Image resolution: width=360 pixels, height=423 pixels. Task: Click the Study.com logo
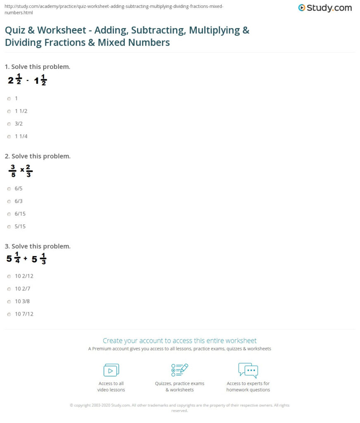[324, 8]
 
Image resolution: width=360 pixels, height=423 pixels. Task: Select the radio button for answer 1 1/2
[9, 111]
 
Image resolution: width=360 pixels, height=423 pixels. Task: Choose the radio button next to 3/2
[9, 124]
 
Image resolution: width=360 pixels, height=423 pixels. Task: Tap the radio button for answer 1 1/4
[9, 136]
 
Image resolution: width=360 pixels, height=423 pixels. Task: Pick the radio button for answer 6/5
[9, 188]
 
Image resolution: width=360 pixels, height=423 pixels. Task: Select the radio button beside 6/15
[9, 214]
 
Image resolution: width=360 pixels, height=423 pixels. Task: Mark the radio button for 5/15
[9, 226]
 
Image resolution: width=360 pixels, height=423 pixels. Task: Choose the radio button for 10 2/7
[9, 289]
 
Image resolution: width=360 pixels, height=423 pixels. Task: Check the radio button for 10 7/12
[9, 314]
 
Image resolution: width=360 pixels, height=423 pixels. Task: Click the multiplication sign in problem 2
[22, 170]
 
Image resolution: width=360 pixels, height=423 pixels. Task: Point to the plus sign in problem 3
[25, 259]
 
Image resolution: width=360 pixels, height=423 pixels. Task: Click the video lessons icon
[111, 370]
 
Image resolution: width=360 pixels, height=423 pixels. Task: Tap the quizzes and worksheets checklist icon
[180, 370]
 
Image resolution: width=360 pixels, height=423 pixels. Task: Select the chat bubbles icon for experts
[248, 370]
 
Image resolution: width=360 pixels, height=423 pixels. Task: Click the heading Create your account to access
[180, 341]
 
